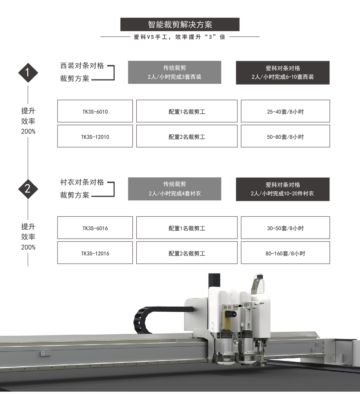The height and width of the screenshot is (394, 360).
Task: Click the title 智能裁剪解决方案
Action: pyautogui.click(x=180, y=24)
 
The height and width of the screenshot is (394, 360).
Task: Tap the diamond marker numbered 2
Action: pyautogui.click(x=28, y=189)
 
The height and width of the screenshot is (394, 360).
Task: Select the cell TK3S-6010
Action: pyautogui.click(x=95, y=112)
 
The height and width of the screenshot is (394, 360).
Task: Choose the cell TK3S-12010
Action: pyautogui.click(x=95, y=137)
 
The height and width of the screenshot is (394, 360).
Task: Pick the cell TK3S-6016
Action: pyautogui.click(x=95, y=228)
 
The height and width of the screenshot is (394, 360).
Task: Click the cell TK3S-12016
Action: pyautogui.click(x=95, y=253)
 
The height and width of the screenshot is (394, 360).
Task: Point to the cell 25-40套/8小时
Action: pyautogui.click(x=285, y=112)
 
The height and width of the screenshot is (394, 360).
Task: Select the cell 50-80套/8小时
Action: pyautogui.click(x=285, y=137)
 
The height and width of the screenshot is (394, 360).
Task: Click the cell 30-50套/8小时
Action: pyautogui.click(x=285, y=228)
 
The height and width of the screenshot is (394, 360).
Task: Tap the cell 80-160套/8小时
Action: pyautogui.click(x=285, y=253)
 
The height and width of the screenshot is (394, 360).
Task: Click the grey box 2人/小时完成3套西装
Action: pyautogui.click(x=174, y=72)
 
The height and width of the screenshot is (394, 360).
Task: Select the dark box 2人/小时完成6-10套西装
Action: pyautogui.click(x=283, y=72)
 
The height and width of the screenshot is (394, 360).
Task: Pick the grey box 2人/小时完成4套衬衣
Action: pyautogui.click(x=174, y=189)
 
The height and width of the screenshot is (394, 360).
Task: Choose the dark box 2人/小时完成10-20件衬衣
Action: pyautogui.click(x=283, y=189)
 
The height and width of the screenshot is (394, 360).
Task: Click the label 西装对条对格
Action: pyautogui.click(x=82, y=66)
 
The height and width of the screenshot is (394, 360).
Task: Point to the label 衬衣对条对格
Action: pyautogui.click(x=82, y=182)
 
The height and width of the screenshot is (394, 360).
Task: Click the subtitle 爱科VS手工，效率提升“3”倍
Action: pyautogui.click(x=179, y=37)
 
